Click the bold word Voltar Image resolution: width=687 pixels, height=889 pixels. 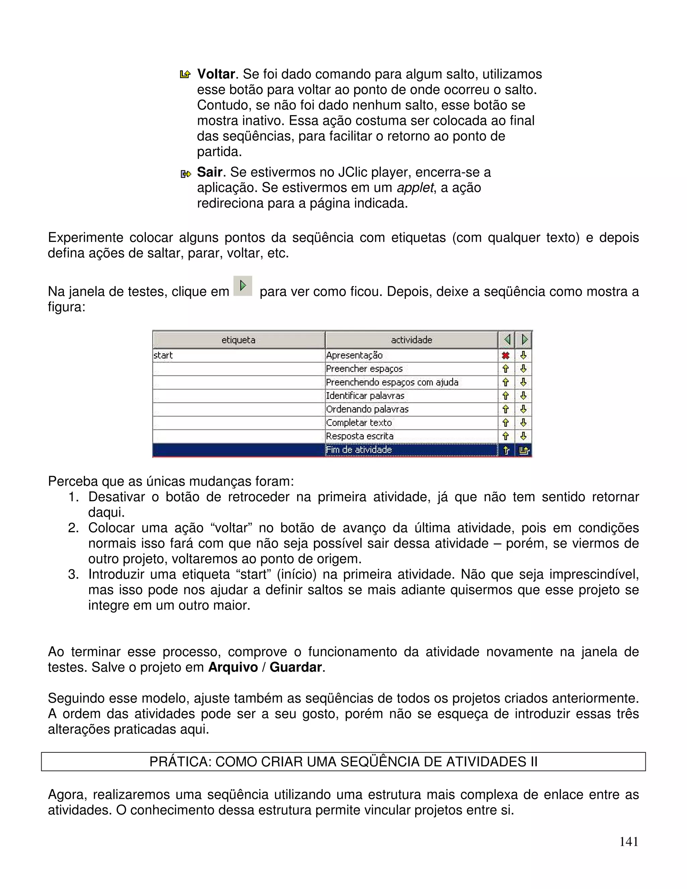click(216, 74)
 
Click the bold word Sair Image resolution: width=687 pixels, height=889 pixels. click(209, 172)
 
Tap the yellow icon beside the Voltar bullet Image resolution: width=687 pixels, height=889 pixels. click(185, 74)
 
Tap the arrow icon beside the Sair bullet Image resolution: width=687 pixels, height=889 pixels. click(186, 174)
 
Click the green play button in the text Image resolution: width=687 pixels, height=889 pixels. click(243, 286)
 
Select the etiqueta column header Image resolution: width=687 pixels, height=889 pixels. click(239, 340)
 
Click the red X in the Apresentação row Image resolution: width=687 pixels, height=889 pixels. click(506, 356)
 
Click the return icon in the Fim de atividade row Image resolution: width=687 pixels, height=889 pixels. click(524, 450)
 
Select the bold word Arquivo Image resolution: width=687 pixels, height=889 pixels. click(233, 668)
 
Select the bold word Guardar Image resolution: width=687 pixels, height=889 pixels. click(296, 668)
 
